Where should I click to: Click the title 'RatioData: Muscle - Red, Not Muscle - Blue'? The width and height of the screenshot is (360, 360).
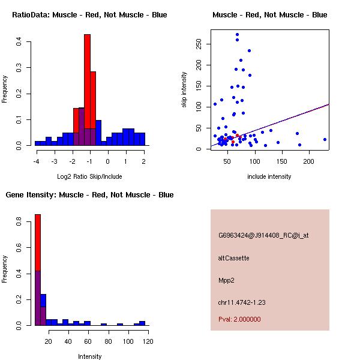(x=89, y=14)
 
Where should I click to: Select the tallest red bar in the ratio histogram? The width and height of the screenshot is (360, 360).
(x=87, y=90)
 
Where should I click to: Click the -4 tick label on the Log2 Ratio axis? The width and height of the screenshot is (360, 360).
(x=36, y=161)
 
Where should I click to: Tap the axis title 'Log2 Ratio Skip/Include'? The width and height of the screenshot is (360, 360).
(x=89, y=176)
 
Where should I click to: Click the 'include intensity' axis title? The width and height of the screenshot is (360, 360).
(x=269, y=176)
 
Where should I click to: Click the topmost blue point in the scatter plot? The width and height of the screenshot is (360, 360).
(x=237, y=35)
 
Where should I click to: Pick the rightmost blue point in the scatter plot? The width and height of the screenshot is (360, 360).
(x=325, y=139)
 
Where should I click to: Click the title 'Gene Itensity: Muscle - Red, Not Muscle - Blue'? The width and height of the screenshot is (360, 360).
(x=89, y=195)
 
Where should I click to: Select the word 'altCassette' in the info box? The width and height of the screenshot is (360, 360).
(x=234, y=258)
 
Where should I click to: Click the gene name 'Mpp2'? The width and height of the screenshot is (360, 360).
(x=226, y=280)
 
